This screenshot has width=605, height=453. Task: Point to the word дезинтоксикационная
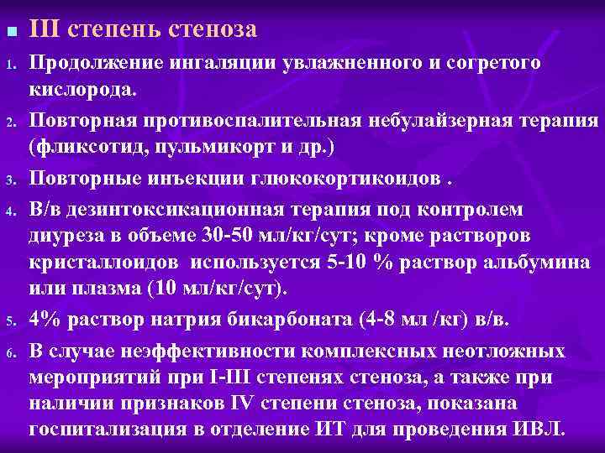click(x=162, y=206)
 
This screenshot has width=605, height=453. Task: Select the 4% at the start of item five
click(x=44, y=320)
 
